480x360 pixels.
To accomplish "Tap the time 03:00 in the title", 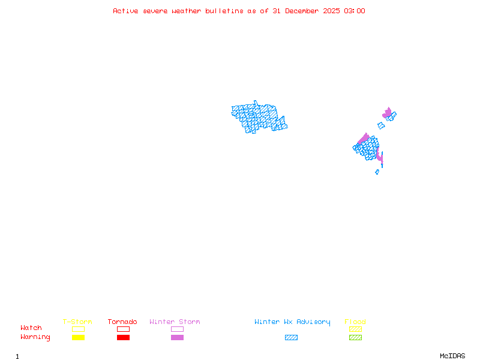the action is [353, 11].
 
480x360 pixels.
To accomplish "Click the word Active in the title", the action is [125, 11].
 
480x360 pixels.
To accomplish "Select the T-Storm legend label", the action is [77, 322].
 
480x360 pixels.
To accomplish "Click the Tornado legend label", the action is [122, 322].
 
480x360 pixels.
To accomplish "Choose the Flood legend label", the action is [355, 322].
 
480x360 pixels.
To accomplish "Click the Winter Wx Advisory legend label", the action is [292, 322].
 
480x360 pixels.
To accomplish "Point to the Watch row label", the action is [31, 328].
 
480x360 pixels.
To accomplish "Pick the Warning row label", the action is [35, 337].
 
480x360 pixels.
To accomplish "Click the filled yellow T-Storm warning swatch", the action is [78, 338].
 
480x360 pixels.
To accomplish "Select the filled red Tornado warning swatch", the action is [123, 338].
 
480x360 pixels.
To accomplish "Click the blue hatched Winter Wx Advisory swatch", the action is [291, 338].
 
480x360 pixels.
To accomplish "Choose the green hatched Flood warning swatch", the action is [355, 338].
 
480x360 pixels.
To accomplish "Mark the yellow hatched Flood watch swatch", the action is [355, 329].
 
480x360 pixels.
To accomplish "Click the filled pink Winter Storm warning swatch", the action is [177, 338].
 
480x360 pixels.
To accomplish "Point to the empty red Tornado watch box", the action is [123, 329].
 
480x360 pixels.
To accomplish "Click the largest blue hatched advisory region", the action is [258, 117].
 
